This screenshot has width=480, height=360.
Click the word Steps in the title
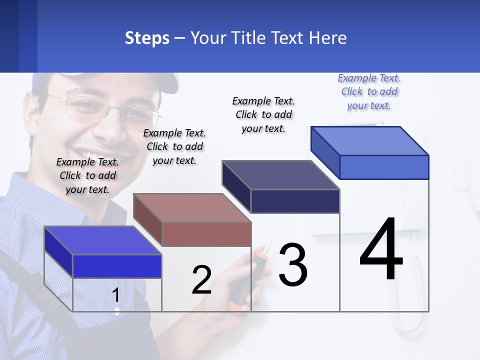[146, 38]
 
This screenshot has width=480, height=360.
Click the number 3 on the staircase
[292, 264]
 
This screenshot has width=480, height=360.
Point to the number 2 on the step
[201, 280]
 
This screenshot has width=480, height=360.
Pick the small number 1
[115, 295]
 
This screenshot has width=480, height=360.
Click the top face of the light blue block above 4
[369, 141]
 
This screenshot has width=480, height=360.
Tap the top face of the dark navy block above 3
[280, 175]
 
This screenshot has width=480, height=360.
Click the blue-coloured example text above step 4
[369, 92]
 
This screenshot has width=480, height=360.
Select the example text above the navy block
[263, 114]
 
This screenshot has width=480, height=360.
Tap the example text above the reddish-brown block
[174, 146]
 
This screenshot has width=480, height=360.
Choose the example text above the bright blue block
[87, 175]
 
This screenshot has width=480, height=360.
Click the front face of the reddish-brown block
[206, 234]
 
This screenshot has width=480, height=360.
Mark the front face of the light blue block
[384, 167]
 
